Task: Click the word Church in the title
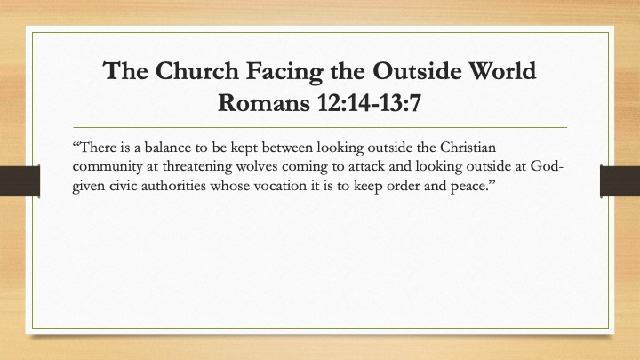tap(196, 71)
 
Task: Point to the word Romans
tap(264, 102)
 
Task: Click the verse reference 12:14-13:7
tap(369, 102)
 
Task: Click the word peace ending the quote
tap(470, 187)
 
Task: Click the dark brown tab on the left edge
tap(20, 180)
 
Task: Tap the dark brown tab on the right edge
tap(620, 180)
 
